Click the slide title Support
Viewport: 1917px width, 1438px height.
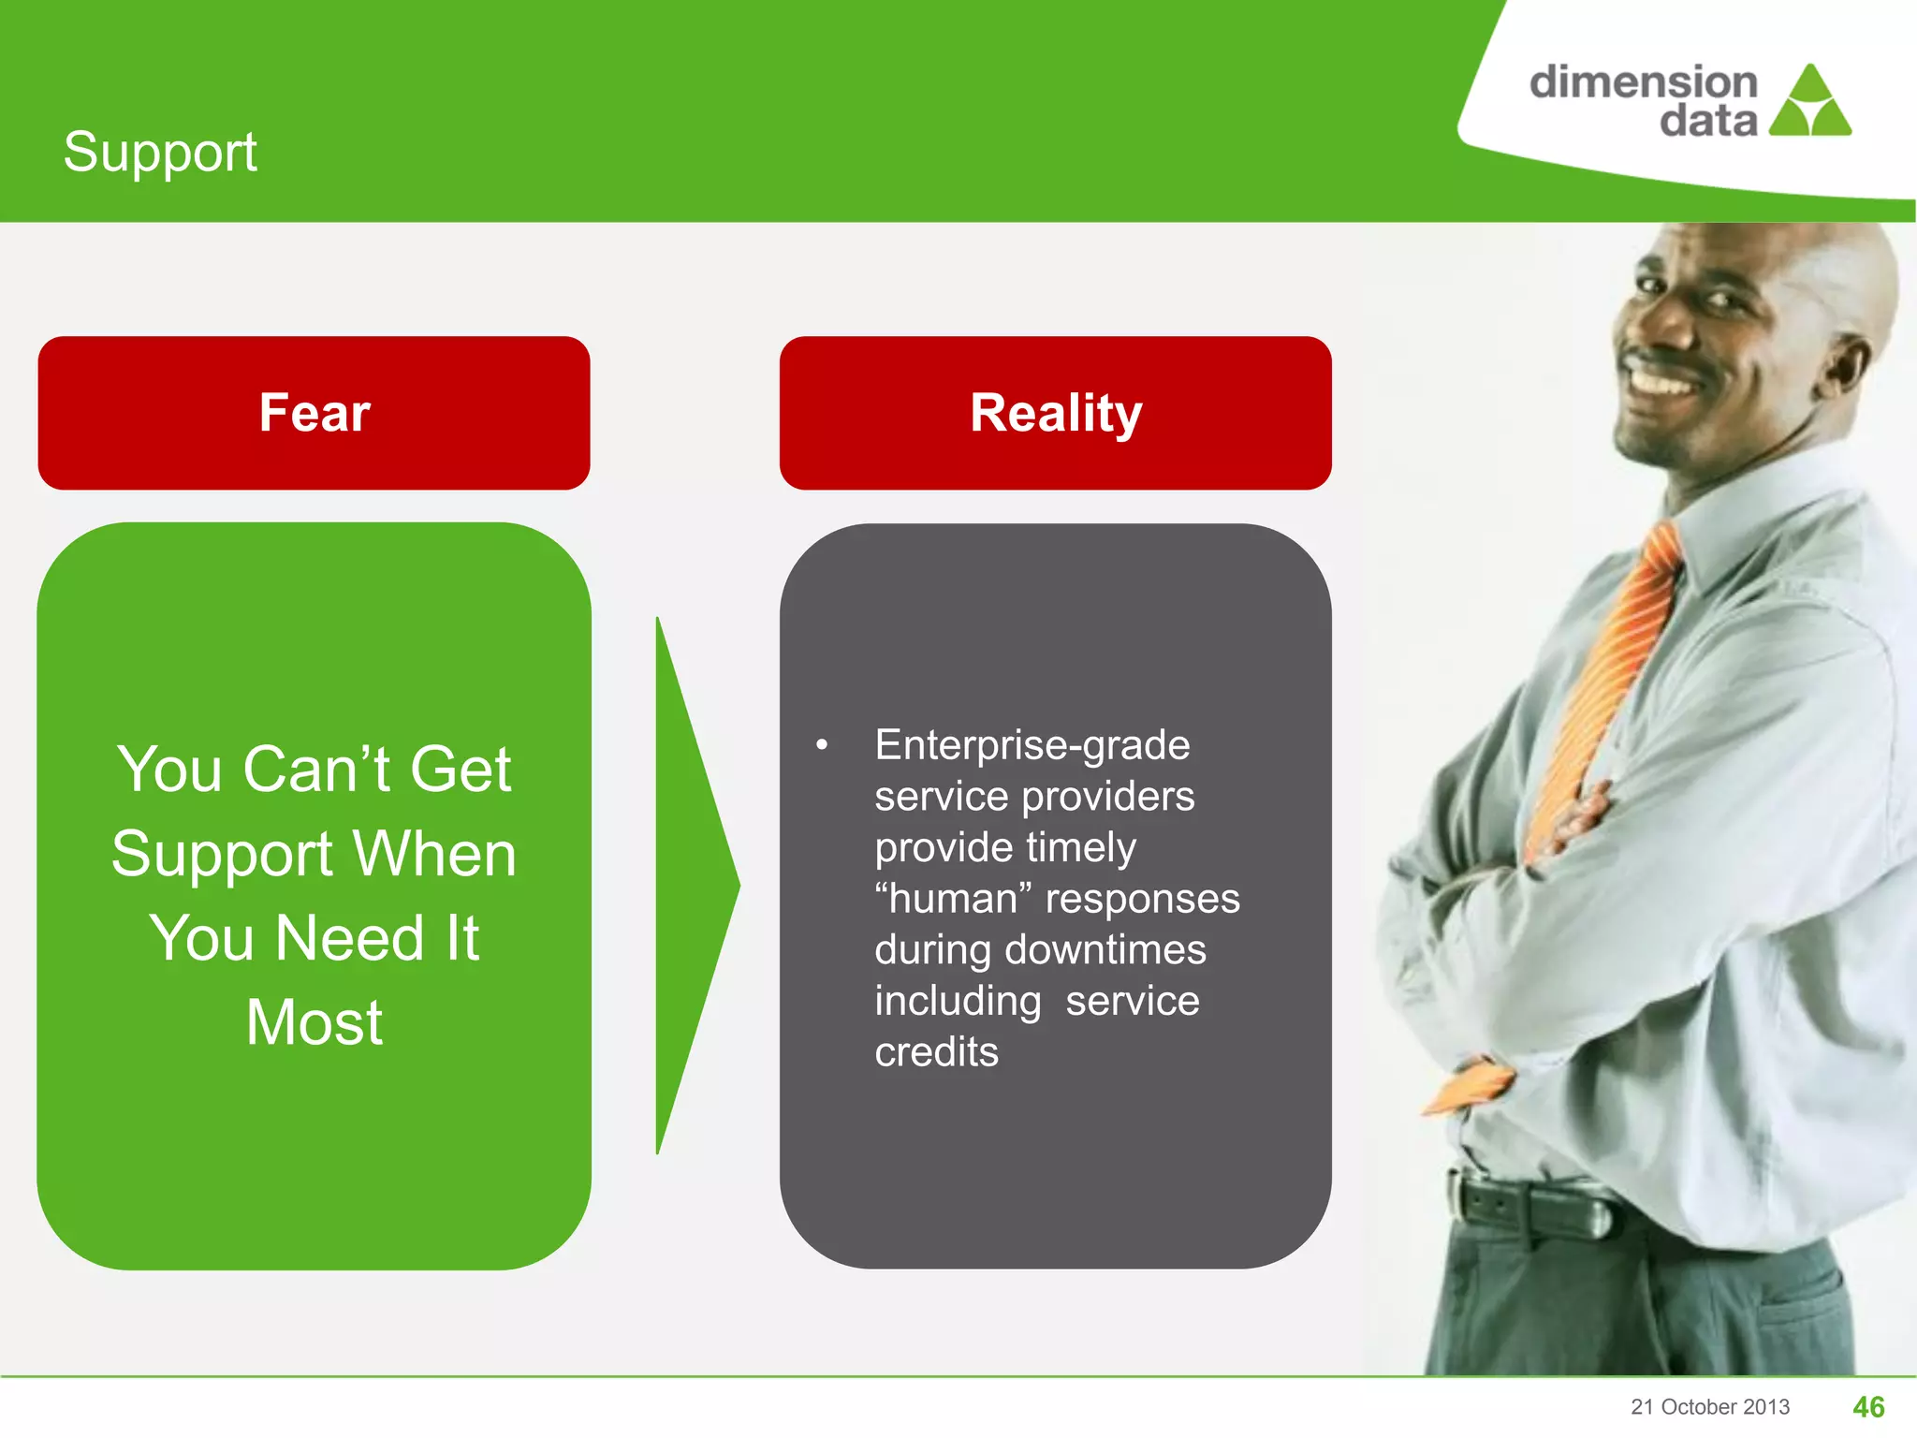pos(160,153)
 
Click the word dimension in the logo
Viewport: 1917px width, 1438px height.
pos(1643,83)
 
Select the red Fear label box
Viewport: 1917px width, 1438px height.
pos(314,413)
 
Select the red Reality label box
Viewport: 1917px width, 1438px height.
pos(1055,413)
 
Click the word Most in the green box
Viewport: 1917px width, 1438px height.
pos(315,1022)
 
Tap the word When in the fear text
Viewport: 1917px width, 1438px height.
pos(433,854)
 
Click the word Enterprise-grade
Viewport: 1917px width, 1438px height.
pos(1032,745)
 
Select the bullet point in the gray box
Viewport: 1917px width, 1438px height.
pos(822,745)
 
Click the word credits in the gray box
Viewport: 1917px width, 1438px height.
pos(936,1052)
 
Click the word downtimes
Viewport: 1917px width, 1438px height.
pos(1105,950)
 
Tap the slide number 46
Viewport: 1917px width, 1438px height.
pos(1868,1406)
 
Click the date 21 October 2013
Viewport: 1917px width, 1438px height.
pos(1709,1406)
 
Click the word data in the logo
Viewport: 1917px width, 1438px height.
pos(1707,122)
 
